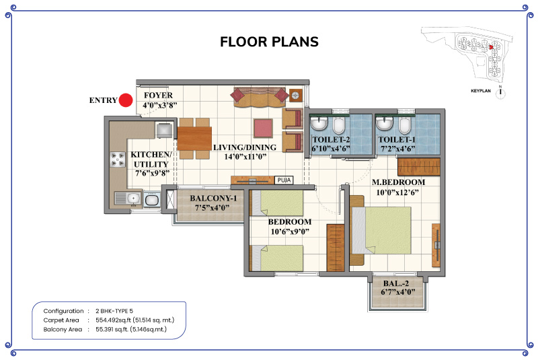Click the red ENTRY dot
(126, 100)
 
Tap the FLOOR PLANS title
(270, 42)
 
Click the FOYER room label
(158, 95)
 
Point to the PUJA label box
(284, 180)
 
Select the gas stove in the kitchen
(118, 159)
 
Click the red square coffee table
(263, 129)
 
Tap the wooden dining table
(194, 139)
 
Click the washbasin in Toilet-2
(319, 123)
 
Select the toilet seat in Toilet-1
(404, 125)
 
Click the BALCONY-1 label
(213, 199)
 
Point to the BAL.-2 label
(396, 283)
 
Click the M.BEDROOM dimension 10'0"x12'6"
(397, 192)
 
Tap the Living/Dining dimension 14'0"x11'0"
(245, 157)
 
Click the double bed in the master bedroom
(381, 230)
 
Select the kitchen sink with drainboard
(127, 199)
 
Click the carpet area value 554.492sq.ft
(113, 320)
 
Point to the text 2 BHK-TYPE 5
(114, 311)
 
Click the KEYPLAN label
(481, 91)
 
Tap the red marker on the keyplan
(491, 47)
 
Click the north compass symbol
(500, 92)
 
